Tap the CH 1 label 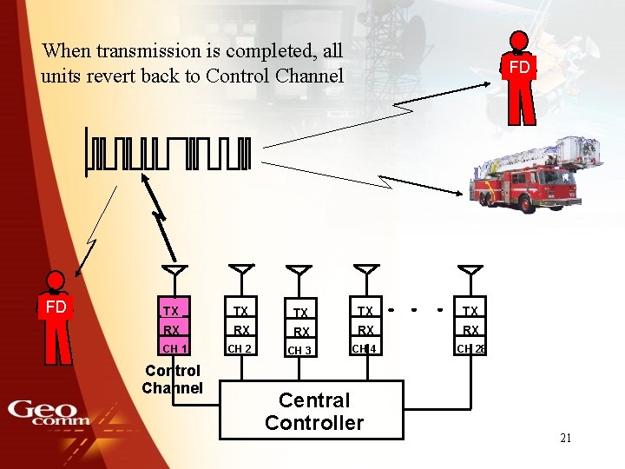coord(175,349)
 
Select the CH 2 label coord(240,349)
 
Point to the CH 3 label coord(299,351)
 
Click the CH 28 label coord(471,349)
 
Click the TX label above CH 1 coord(171,311)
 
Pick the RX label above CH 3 coord(300,332)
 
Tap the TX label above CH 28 coord(470,311)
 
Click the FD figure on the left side coord(56,317)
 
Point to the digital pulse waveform coord(168,154)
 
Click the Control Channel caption coord(173,380)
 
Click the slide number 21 coord(565,438)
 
